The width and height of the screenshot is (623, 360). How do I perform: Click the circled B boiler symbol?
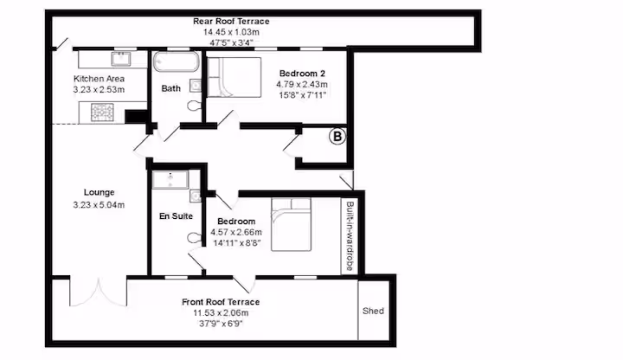click(337, 137)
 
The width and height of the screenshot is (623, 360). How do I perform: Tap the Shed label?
click(373, 311)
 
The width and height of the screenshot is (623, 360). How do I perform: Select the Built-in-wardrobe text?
click(350, 236)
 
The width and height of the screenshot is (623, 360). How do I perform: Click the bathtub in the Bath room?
click(177, 61)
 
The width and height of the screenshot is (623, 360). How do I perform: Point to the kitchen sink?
click(121, 59)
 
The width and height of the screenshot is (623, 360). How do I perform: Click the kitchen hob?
click(102, 112)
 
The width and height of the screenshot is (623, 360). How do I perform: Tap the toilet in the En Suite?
click(194, 238)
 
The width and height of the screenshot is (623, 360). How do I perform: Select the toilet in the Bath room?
click(195, 106)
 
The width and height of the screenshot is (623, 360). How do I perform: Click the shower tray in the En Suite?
click(170, 180)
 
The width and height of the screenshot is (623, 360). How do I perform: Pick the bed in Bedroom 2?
click(234, 78)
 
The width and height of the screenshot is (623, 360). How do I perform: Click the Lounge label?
click(99, 192)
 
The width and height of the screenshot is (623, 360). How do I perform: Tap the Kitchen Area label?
click(99, 79)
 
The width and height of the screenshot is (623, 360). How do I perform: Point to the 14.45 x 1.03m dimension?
click(231, 32)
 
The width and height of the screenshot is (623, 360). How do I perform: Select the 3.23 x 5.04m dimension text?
click(99, 205)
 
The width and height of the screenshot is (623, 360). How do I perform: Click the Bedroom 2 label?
click(302, 74)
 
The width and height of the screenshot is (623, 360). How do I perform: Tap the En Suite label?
click(176, 216)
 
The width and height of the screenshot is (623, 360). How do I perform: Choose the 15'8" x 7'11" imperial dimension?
click(302, 95)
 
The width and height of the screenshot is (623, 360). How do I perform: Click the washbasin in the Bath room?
click(196, 86)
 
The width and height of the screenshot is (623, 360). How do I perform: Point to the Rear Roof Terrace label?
click(231, 21)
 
